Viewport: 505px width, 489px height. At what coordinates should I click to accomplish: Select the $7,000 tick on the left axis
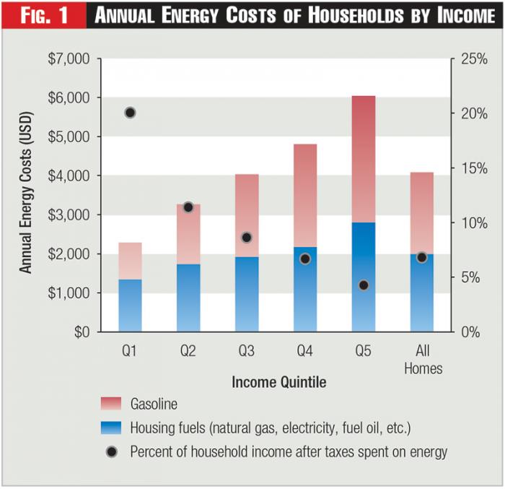click(x=69, y=59)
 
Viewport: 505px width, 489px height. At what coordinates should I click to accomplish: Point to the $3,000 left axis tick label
click(x=69, y=215)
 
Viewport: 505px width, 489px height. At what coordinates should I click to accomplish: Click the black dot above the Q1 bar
click(x=130, y=113)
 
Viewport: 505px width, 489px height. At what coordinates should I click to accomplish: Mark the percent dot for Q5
click(x=364, y=285)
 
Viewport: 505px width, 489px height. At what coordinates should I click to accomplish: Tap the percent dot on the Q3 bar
click(x=247, y=238)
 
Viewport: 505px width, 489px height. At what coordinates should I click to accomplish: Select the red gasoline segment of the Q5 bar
click(x=364, y=159)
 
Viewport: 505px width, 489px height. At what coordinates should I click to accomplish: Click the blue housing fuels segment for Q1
click(x=130, y=306)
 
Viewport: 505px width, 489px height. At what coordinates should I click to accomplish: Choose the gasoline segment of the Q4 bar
click(x=305, y=195)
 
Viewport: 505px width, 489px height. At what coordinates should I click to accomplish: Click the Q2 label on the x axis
click(x=188, y=352)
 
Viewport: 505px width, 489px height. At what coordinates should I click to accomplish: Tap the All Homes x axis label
click(x=423, y=360)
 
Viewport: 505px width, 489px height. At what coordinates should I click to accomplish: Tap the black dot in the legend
click(x=111, y=452)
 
